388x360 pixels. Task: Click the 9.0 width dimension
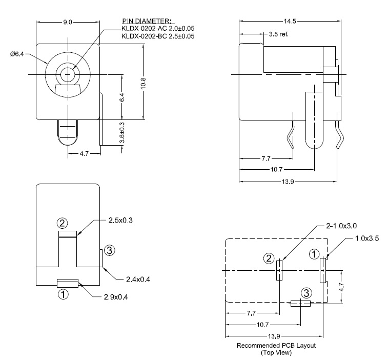[68, 22]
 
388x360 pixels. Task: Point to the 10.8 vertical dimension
[144, 82]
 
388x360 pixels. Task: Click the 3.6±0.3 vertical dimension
[121, 133]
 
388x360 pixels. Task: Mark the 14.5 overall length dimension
[289, 21]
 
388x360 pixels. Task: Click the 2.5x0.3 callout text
[121, 220]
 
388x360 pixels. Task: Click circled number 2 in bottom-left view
[62, 223]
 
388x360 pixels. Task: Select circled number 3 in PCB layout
[306, 293]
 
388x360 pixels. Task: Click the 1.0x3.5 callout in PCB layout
[367, 239]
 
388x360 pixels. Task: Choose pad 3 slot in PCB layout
[300, 303]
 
